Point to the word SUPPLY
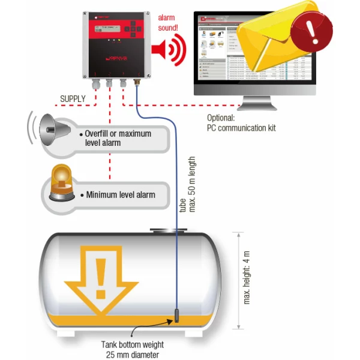tap(73, 98)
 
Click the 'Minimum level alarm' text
tap(120, 194)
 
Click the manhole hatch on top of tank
tap(164, 230)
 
